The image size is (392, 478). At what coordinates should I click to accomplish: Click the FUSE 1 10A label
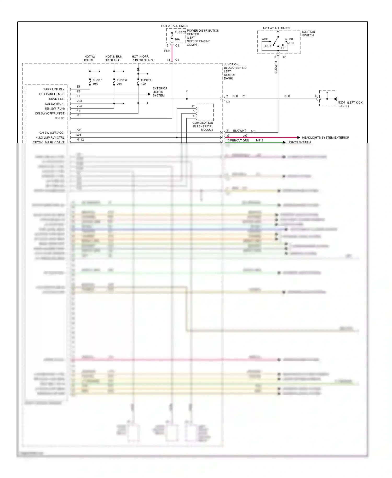click(x=97, y=82)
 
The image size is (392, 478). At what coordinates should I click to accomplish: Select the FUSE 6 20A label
click(x=122, y=82)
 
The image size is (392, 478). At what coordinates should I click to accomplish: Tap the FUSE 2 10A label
click(x=146, y=82)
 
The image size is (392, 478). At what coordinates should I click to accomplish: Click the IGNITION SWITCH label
click(x=308, y=33)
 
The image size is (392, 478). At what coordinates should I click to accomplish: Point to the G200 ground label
click(x=350, y=104)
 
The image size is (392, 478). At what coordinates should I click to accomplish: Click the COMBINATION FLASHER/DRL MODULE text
click(x=203, y=126)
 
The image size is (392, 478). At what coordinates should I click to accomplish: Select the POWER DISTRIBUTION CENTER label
click(x=203, y=37)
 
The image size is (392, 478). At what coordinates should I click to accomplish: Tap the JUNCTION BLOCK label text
click(x=235, y=71)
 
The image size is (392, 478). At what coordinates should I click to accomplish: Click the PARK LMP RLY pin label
click(x=54, y=89)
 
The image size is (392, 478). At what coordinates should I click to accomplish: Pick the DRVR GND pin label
click(x=57, y=99)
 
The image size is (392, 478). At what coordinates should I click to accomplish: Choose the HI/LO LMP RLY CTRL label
click(x=50, y=138)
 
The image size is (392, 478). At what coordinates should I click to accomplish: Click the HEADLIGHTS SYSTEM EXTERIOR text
click(x=325, y=138)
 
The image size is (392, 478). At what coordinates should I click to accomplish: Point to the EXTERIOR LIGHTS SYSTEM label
click(x=160, y=92)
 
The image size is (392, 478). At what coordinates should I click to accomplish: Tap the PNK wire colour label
click(x=167, y=51)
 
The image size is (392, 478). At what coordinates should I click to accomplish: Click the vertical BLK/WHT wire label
click(x=276, y=67)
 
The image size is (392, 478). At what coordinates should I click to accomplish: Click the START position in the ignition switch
click(x=290, y=39)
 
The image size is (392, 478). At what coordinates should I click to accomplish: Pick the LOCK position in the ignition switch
click(x=267, y=46)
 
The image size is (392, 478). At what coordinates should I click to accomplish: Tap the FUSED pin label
click(x=59, y=118)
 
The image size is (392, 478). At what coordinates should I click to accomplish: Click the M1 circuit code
click(x=79, y=116)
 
